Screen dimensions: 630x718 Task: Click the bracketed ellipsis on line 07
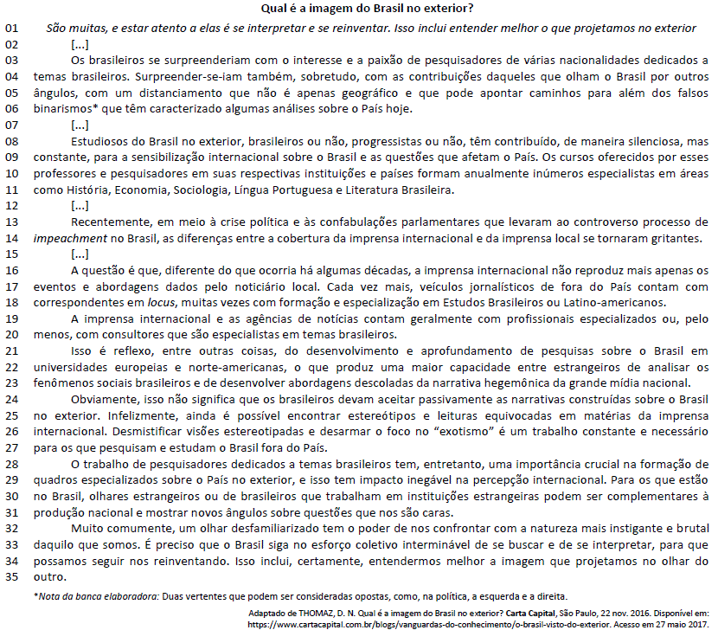pos(79,125)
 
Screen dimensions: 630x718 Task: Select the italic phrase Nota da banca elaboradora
pos(95,596)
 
